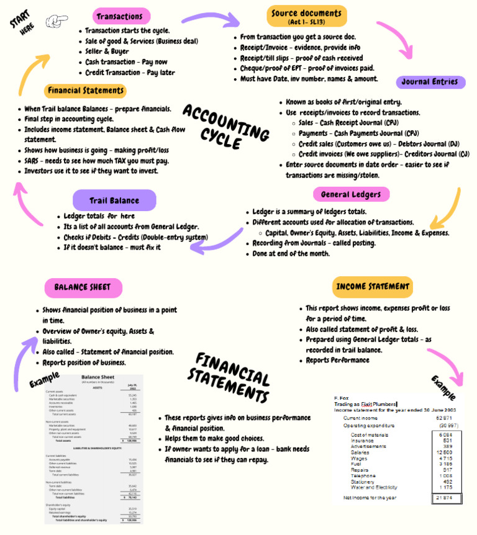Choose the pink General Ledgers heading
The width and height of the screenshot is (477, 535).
click(x=351, y=195)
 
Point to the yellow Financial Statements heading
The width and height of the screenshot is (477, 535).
click(x=85, y=91)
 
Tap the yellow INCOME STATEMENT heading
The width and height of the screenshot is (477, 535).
click(x=373, y=287)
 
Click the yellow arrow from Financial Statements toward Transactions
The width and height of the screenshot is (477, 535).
click(x=28, y=74)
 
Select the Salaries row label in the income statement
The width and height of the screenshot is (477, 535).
click(x=361, y=452)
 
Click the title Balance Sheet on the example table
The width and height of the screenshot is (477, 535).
click(x=98, y=377)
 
